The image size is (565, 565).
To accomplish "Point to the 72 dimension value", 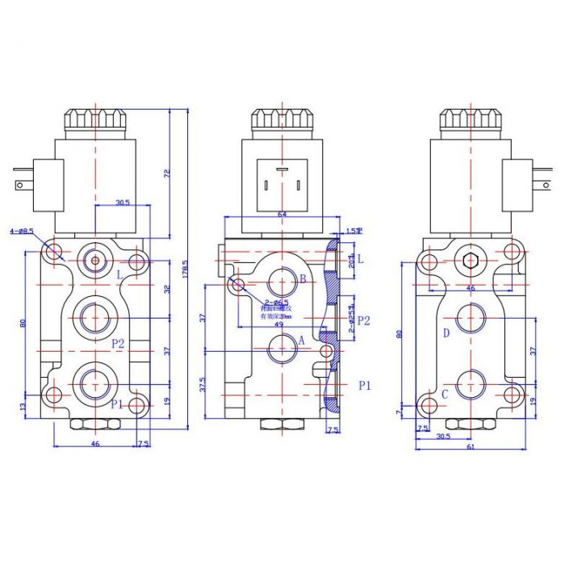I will click(167, 173).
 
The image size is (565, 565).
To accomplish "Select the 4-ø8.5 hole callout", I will click(21, 232).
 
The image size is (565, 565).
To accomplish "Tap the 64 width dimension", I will click(282, 214).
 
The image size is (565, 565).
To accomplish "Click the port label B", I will click(303, 279).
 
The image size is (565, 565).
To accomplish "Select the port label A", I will click(302, 341).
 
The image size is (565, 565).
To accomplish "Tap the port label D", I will click(446, 333).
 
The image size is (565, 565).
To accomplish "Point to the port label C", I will click(445, 394).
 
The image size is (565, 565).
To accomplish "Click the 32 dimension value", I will click(167, 288).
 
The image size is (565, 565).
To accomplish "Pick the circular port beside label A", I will click(282, 350).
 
